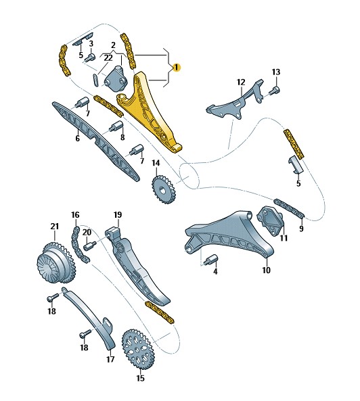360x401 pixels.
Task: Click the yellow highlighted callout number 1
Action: tap(177, 68)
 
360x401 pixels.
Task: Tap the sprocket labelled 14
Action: tap(164, 189)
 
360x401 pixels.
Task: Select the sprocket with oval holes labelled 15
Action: tap(137, 349)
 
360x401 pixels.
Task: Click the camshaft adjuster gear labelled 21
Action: tap(55, 264)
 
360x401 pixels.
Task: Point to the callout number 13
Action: tap(276, 72)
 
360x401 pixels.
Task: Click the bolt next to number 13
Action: tap(274, 91)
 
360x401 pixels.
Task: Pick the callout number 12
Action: tap(241, 82)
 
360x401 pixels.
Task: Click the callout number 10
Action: tap(266, 270)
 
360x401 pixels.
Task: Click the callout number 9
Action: tap(301, 229)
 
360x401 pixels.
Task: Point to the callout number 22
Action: tap(108, 58)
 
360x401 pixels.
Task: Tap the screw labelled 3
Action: tap(90, 57)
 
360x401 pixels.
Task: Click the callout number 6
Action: tap(77, 139)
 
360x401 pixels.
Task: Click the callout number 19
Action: tap(118, 215)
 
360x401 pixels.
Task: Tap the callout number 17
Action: tap(110, 360)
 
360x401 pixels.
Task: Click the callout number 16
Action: tap(75, 215)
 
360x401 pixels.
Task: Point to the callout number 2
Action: tap(113, 45)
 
